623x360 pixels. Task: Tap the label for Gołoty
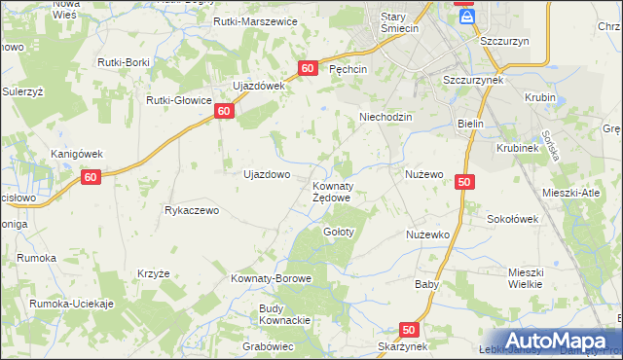pyautogui.click(x=338, y=233)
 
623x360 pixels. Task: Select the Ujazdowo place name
pyautogui.click(x=266, y=175)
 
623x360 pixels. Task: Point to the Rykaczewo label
pyautogui.click(x=195, y=210)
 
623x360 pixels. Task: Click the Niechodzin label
pyautogui.click(x=386, y=117)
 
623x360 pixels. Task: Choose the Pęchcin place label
pyautogui.click(x=348, y=70)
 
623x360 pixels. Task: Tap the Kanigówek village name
pyautogui.click(x=77, y=154)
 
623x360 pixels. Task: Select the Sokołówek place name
pyautogui.click(x=512, y=219)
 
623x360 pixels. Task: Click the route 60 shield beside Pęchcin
pyautogui.click(x=308, y=68)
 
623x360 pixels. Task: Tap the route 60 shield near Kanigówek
pyautogui.click(x=92, y=177)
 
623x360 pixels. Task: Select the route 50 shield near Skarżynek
pyautogui.click(x=409, y=330)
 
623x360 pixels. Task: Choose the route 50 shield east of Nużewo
pyautogui.click(x=463, y=182)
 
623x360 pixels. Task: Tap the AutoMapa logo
pyautogui.click(x=556, y=341)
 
